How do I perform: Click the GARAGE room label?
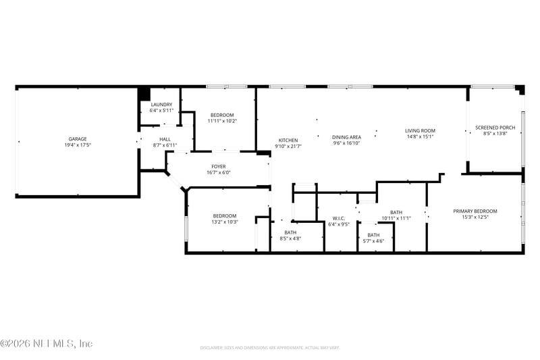pyautogui.click(x=77, y=139)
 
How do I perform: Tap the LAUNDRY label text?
pyautogui.click(x=161, y=105)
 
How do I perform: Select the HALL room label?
pyautogui.click(x=165, y=139)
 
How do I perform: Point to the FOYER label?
pyautogui.click(x=219, y=166)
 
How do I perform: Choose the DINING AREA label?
pyautogui.click(x=346, y=137)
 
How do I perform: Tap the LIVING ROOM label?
pyautogui.click(x=420, y=130)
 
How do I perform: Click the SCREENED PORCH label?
pyautogui.click(x=495, y=128)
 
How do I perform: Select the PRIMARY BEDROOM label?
pyautogui.click(x=475, y=211)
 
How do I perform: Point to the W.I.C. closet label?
pyautogui.click(x=339, y=218)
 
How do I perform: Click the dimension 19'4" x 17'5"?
pyautogui.click(x=78, y=145)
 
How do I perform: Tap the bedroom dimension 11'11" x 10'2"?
pyautogui.click(x=222, y=121)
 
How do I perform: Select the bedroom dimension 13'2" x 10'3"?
pyautogui.click(x=225, y=222)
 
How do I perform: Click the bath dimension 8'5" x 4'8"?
pyautogui.click(x=290, y=238)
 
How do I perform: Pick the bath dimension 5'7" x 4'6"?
pyautogui.click(x=373, y=241)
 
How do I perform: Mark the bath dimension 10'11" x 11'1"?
pyautogui.click(x=396, y=218)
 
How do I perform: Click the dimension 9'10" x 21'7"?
pyautogui.click(x=288, y=147)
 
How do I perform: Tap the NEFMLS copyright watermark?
pyautogui.click(x=46, y=344)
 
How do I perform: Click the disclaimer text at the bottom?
pyautogui.click(x=269, y=348)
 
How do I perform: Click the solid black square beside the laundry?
pyautogui.click(x=144, y=94)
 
